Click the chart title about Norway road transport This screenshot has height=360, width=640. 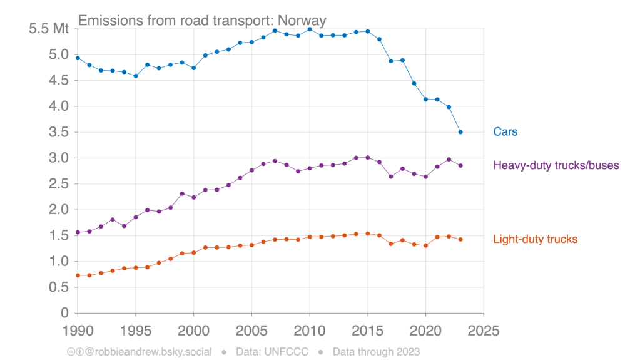coord(202,21)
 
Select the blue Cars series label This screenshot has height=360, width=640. coord(505,132)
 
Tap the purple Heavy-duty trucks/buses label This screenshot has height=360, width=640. coord(556,166)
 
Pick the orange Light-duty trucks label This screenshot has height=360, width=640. coord(535,239)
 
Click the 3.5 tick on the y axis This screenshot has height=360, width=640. coord(58,132)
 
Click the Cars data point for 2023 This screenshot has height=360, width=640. coord(460,132)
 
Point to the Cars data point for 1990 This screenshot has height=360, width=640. coord(78,58)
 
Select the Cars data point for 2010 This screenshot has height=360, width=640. coord(310,29)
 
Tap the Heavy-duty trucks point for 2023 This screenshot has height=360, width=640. coord(460,166)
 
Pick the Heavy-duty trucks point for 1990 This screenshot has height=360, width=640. coord(78,232)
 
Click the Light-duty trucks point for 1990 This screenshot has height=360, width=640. coord(78,275)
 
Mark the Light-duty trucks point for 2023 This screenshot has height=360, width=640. coord(460,239)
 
